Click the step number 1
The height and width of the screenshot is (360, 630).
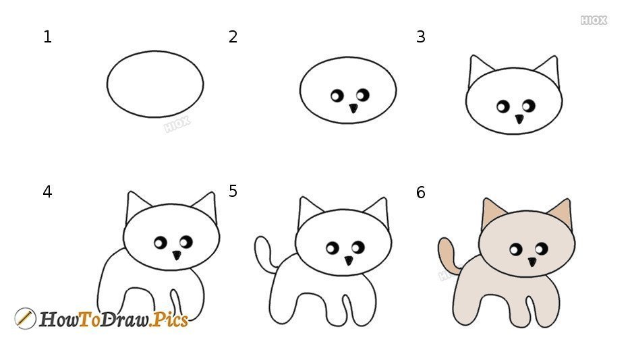click(x=47, y=37)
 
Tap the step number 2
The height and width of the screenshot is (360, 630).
click(x=233, y=37)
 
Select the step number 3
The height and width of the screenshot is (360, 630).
click(x=421, y=37)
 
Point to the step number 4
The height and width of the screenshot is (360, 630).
click(x=47, y=192)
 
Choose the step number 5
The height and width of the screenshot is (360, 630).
click(x=233, y=191)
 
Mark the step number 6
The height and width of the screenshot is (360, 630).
click(x=421, y=193)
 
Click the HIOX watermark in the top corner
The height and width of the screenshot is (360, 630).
click(x=594, y=20)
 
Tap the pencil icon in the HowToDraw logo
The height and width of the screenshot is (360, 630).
click(x=25, y=319)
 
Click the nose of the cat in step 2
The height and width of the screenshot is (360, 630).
click(x=353, y=108)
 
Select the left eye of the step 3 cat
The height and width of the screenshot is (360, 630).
click(x=503, y=107)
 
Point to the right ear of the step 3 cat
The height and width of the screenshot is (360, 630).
click(x=549, y=70)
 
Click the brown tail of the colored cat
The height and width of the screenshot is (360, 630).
click(x=447, y=255)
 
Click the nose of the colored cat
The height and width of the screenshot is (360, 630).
click(x=532, y=262)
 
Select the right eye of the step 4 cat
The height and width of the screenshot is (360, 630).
click(x=186, y=242)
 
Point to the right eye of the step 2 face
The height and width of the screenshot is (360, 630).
click(x=363, y=95)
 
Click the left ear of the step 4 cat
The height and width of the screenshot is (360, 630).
click(x=137, y=206)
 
